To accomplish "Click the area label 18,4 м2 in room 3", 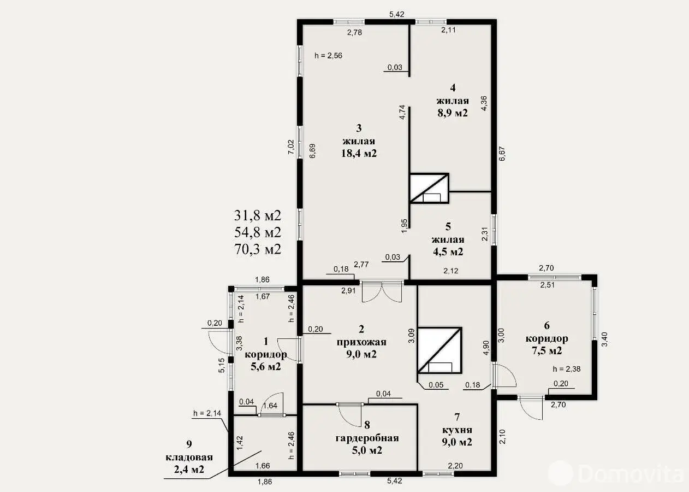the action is [359, 153].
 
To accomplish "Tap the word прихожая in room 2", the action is [361, 342].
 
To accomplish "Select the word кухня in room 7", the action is [457, 430].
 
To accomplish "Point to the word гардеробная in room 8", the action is [367, 438].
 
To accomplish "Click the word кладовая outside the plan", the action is [189, 457].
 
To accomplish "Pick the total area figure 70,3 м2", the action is [258, 249].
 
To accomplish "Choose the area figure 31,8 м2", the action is [258, 215].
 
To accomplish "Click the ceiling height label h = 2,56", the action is [328, 55].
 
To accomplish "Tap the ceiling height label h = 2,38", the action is [567, 369].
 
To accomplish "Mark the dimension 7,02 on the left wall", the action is [291, 147].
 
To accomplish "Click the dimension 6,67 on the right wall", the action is [502, 154].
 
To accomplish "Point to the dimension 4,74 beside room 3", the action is [402, 113].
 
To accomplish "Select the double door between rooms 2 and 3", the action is [382, 291].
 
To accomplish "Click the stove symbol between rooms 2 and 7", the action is [440, 350].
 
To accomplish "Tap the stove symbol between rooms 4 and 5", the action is [429, 188].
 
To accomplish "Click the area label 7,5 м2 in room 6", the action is [547, 350].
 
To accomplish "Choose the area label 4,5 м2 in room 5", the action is [448, 251].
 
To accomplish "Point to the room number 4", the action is [453, 88].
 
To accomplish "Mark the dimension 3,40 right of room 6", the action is [604, 339].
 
